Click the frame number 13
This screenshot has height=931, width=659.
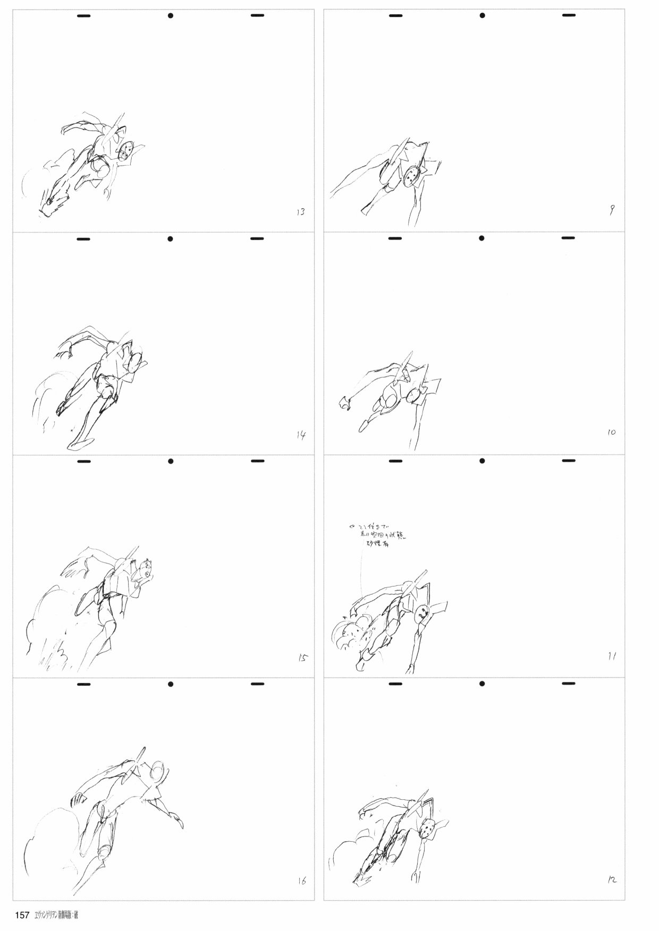[300, 212]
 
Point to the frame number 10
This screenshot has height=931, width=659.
[611, 433]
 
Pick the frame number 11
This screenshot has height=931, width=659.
[612, 656]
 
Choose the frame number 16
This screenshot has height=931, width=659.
[301, 882]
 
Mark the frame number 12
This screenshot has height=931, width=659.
[611, 880]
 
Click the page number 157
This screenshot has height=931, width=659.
[22, 915]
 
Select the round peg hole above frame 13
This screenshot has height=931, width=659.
[171, 16]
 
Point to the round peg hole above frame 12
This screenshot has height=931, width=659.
[482, 684]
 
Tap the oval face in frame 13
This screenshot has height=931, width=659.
[125, 150]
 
